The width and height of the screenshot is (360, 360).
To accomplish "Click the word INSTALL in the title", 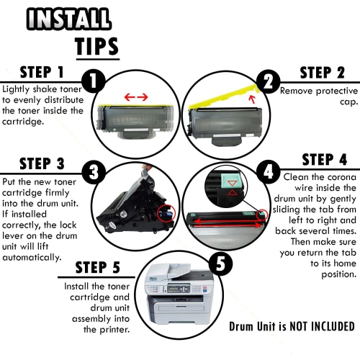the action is (68, 19).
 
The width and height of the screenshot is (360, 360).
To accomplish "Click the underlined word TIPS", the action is (96, 47).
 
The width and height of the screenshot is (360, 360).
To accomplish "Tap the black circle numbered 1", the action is (94, 81).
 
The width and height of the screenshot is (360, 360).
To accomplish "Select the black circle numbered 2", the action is (268, 81).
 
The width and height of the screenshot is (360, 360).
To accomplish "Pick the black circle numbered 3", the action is (94, 172).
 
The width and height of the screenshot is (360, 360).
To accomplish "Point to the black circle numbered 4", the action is (268, 172).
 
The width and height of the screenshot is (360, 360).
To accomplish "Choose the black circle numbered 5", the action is (220, 264).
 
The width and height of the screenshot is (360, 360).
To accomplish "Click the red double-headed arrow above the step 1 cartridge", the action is (136, 97).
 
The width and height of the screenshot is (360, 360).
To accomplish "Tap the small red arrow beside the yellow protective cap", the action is (252, 99).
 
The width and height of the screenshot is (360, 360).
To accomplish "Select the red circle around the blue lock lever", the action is (167, 213).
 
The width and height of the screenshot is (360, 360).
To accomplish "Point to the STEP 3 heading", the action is (42, 164).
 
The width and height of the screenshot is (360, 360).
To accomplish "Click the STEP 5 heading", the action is (98, 268).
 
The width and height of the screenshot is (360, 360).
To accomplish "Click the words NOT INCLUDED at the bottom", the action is (322, 327).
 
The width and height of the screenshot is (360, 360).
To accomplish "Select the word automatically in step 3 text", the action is (32, 258).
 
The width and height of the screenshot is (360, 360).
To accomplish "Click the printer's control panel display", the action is (175, 289).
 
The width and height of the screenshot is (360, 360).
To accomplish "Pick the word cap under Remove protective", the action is (349, 102).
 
